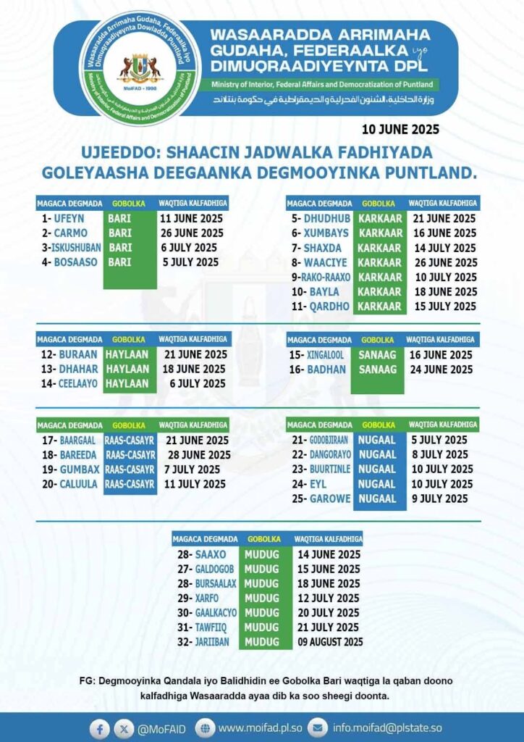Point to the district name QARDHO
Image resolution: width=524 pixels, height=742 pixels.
tap(329, 307)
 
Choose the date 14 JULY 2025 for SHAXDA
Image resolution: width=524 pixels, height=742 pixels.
tap(444, 248)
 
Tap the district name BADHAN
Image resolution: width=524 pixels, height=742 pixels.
tap(327, 370)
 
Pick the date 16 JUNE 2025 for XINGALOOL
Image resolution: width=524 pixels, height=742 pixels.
tap(441, 355)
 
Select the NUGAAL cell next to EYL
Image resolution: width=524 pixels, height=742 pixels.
tap(377, 484)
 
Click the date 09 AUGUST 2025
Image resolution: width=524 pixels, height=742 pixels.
tap(330, 642)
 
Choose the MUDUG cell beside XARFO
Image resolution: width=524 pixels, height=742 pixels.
tap(261, 599)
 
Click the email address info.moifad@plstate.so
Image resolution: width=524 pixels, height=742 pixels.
tap(387, 728)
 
